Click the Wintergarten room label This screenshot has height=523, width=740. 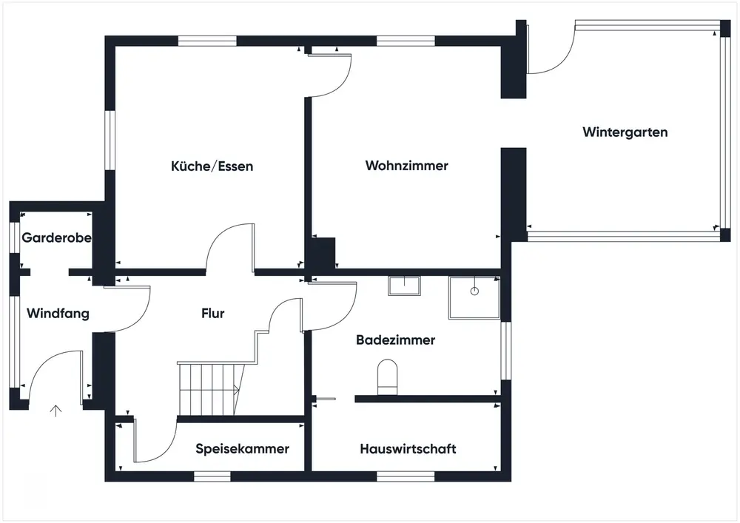point(625,132)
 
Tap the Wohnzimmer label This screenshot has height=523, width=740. point(407,166)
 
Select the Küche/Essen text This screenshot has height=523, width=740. point(212,166)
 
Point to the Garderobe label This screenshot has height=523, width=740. point(57,237)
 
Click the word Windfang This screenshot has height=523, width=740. point(58,314)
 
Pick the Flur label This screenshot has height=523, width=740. point(213,313)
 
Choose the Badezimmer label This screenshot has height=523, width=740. point(395,340)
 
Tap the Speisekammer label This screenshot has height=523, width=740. point(243,448)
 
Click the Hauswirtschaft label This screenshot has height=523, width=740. point(408,448)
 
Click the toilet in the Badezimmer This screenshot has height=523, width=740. point(388,377)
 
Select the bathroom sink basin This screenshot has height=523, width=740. point(405,286)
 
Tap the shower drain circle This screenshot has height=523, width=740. point(474,291)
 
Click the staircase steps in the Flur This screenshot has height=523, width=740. point(211,388)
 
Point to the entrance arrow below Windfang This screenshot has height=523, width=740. point(55,411)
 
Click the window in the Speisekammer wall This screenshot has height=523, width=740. point(212,476)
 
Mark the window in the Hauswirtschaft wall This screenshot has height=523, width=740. point(406,476)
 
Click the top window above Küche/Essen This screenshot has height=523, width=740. point(207,41)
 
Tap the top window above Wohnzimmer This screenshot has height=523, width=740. point(406,41)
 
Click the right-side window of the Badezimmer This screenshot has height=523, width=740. point(506,351)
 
